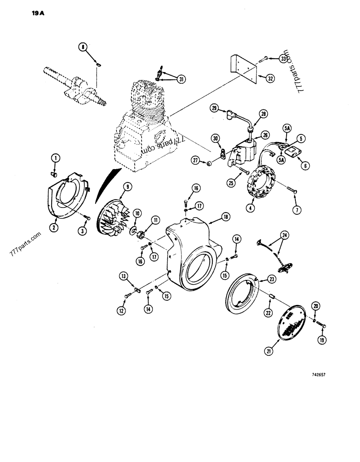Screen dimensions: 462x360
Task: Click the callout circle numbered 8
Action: pyautogui.click(x=83, y=47)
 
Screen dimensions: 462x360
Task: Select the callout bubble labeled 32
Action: pyautogui.click(x=270, y=78)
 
